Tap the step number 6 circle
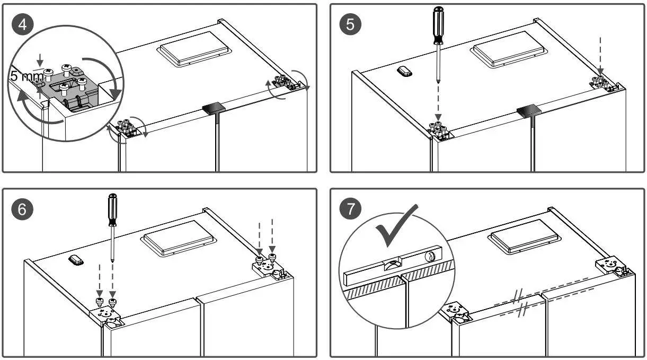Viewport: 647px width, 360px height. (22, 208)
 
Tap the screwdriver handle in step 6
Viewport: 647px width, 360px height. (112, 210)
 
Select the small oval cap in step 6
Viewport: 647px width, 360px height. (76, 260)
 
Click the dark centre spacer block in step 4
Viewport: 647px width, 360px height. (214, 108)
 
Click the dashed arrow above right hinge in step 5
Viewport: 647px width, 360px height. (600, 53)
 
